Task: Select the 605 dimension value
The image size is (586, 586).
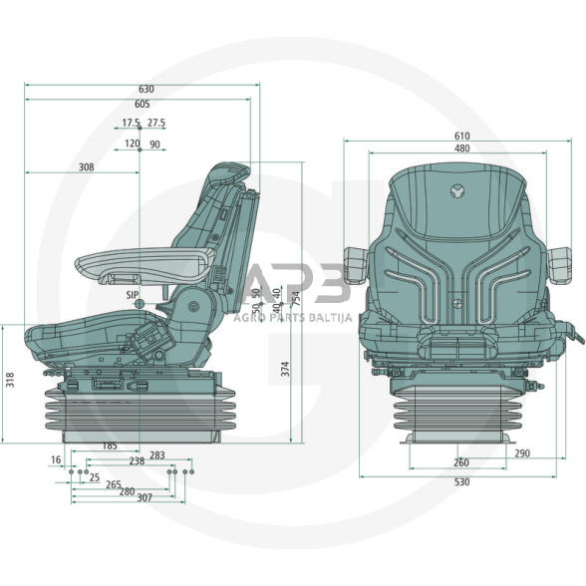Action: (144, 105)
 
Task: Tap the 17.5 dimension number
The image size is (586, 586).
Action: (131, 124)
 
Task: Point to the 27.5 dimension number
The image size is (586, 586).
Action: (156, 124)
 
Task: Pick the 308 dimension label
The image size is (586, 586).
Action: (86, 168)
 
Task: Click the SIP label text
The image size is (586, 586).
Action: (132, 296)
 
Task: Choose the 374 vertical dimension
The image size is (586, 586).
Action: (286, 368)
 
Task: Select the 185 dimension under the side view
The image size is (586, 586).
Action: (111, 445)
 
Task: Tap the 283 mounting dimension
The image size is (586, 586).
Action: (157, 455)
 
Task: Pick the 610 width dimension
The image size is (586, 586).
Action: (461, 137)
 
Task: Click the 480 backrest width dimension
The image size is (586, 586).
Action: (461, 149)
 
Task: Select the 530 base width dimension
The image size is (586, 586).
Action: (461, 482)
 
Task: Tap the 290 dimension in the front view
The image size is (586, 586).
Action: (523, 454)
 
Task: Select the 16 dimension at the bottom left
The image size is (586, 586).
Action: (55, 460)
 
